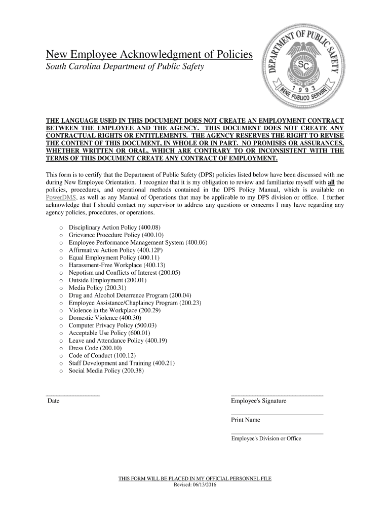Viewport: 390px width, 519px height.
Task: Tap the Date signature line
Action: pyautogui.click(x=73, y=395)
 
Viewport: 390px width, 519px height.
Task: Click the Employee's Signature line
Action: pyautogui.click(x=277, y=395)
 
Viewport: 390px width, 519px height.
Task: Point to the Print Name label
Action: pyautogui.click(x=245, y=420)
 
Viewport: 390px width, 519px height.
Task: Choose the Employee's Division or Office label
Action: pyautogui.click(x=266, y=438)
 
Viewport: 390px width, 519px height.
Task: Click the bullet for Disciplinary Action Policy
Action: pyautogui.click(x=61, y=228)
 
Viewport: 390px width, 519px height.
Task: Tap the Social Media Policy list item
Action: pyautogui.click(x=106, y=370)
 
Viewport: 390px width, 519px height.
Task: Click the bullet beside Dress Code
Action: pyautogui.click(x=61, y=348)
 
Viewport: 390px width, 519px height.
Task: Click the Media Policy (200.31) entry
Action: pyautogui.click(x=94, y=288)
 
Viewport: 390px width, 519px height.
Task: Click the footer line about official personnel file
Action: pyautogui.click(x=195, y=478)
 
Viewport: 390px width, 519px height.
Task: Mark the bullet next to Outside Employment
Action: pyautogui.click(x=61, y=280)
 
